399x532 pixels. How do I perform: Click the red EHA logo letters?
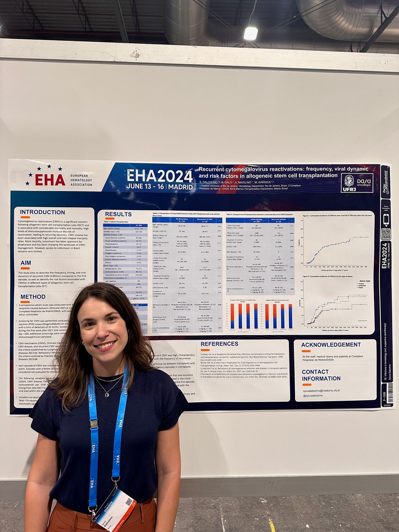pyautogui.click(x=50, y=180)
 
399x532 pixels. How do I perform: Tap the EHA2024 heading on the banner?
pyautogui.click(x=160, y=176)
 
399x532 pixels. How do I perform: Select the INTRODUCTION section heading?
pyautogui.click(x=42, y=212)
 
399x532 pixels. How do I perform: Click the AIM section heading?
pyautogui.click(x=26, y=263)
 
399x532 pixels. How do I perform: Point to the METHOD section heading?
pyautogui.click(x=33, y=297)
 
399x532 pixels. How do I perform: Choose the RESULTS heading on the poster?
pyautogui.click(x=118, y=214)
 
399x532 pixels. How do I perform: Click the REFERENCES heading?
pyautogui.click(x=219, y=344)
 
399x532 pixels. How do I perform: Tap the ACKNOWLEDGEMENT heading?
pyautogui.click(x=331, y=345)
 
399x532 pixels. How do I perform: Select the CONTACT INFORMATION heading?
pyautogui.click(x=321, y=375)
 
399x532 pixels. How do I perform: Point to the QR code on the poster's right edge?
pyautogui.click(x=386, y=233)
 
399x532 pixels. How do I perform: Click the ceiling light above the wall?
pyautogui.click(x=250, y=33)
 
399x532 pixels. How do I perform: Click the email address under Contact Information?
pyautogui.click(x=321, y=390)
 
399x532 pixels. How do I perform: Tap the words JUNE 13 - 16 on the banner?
pyautogui.click(x=145, y=187)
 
